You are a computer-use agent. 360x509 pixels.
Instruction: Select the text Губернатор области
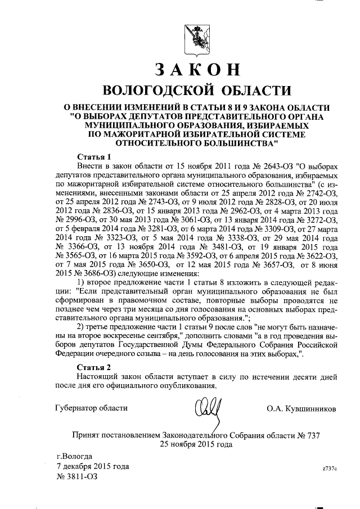(91, 408)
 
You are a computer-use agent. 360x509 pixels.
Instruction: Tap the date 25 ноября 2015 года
(196, 445)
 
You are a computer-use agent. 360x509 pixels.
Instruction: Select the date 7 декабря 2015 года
(92, 467)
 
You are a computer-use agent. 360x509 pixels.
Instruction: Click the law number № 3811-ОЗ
(78, 477)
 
